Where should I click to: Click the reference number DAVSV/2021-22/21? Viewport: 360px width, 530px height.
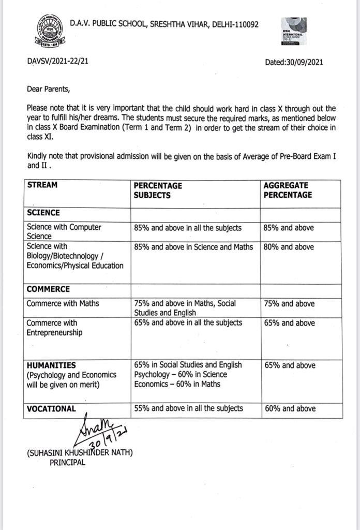[57, 62]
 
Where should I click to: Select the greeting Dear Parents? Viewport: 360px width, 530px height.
[48, 89]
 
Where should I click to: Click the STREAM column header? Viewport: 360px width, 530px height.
[42, 185]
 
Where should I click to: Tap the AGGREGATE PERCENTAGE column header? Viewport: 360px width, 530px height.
[288, 190]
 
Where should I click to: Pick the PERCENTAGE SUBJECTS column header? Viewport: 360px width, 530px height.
[158, 190]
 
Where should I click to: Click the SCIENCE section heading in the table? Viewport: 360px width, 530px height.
[43, 213]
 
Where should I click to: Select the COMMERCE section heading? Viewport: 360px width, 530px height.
[48, 289]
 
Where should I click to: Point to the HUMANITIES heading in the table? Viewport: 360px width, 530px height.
[51, 365]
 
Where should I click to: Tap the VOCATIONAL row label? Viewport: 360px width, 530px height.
[51, 408]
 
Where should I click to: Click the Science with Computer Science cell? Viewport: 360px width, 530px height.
[64, 231]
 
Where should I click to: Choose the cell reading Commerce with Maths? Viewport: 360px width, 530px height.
[63, 303]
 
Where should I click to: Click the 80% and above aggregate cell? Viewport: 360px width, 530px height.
[289, 247]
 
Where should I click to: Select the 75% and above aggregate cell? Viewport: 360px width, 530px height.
[289, 303]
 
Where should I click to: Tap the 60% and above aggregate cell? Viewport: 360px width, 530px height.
[290, 408]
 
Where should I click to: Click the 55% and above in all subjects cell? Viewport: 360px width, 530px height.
[188, 408]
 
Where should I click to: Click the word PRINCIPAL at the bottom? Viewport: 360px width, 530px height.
[67, 462]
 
